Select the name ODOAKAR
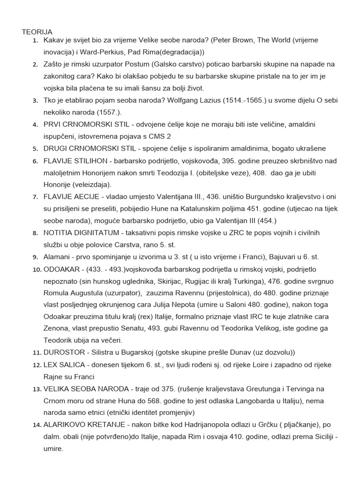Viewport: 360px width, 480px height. point(62,270)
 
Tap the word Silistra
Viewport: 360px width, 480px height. point(109,352)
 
